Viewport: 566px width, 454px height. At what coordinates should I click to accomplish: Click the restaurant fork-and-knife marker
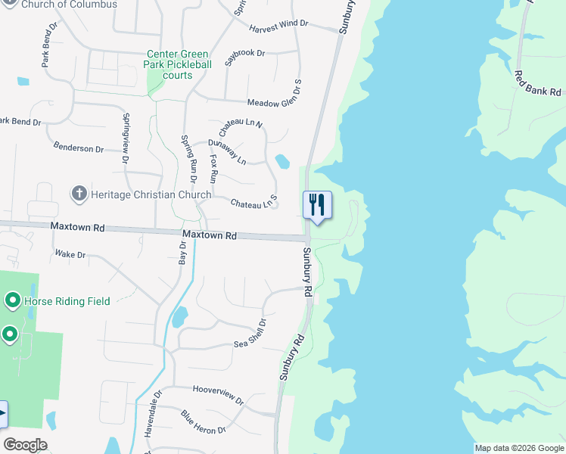pos(317,204)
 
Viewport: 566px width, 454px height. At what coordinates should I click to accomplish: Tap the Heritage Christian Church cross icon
pos(78,194)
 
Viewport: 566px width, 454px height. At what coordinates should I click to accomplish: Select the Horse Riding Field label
pos(67,301)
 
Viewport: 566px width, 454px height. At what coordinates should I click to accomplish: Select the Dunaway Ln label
pos(227,152)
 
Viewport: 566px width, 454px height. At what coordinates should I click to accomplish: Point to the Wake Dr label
pos(70,255)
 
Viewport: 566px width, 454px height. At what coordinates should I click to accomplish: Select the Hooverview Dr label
pos(218,393)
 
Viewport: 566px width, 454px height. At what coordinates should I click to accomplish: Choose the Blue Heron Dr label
pos(203,422)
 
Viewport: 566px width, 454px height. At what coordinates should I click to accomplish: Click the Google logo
pos(25,445)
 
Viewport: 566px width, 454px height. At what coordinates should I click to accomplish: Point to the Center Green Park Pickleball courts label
pos(179,64)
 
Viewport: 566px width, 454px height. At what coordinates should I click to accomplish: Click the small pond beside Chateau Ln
pos(282,161)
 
